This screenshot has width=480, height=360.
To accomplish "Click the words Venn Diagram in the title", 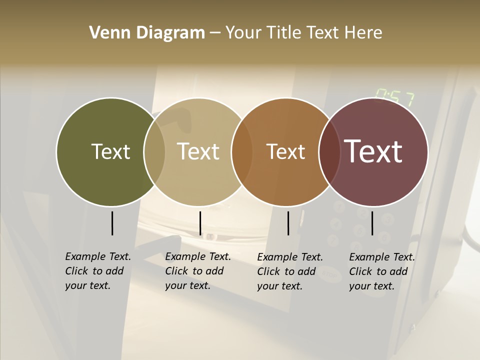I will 147,33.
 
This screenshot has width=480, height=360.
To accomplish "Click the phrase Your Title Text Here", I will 303,33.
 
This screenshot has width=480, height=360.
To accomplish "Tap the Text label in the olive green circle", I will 110,151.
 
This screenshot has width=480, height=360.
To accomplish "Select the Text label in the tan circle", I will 198,151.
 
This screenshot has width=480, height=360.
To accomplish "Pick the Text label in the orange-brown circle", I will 285,151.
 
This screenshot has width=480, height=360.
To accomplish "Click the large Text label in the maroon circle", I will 373,151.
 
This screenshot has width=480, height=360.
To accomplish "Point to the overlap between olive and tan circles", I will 154,152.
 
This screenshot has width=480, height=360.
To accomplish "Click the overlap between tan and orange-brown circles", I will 241,152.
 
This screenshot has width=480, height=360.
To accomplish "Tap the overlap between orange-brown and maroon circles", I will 329,152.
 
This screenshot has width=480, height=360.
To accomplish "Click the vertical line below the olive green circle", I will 112,223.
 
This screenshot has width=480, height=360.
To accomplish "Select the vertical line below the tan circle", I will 200,223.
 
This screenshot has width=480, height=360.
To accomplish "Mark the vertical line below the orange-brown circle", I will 288,223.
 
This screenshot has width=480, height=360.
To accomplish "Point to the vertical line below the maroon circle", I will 372,223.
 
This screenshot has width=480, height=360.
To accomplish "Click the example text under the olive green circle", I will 98,271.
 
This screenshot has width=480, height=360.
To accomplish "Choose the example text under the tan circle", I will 198,271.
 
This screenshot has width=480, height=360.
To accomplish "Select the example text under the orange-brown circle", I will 290,271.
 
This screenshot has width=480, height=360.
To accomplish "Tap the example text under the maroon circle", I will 382,271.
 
